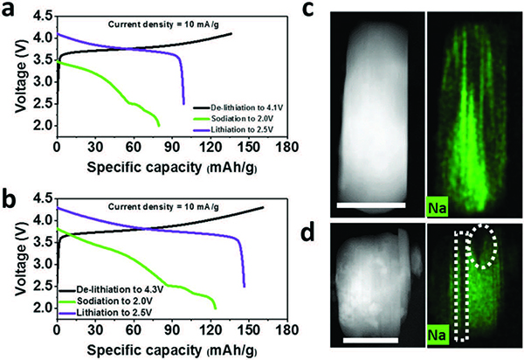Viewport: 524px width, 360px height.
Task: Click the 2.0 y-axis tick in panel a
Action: tap(40, 126)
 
